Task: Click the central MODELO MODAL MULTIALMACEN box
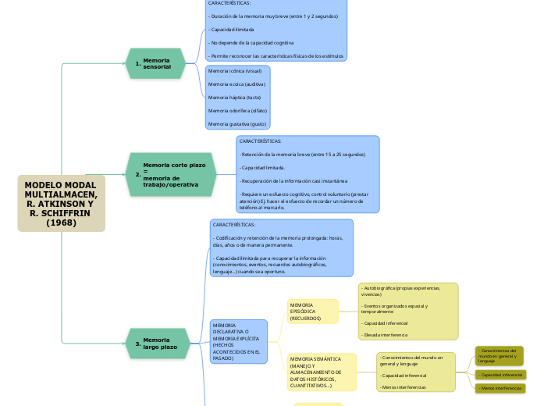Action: (x=61, y=203)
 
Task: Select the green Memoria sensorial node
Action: (x=155, y=64)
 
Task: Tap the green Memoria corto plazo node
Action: (x=170, y=174)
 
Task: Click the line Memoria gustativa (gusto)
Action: (x=236, y=123)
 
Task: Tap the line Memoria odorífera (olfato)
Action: (x=237, y=110)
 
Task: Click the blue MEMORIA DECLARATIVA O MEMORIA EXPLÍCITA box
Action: (x=238, y=341)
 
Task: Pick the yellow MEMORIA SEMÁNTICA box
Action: (x=320, y=372)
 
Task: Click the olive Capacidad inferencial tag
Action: (x=500, y=375)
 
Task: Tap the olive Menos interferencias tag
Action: (x=500, y=388)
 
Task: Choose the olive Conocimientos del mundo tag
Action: (x=499, y=356)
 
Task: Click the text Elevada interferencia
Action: (x=384, y=335)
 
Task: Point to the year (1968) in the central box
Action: (x=61, y=223)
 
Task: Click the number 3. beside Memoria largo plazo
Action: (x=137, y=344)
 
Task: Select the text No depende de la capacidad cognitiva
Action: (x=251, y=43)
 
